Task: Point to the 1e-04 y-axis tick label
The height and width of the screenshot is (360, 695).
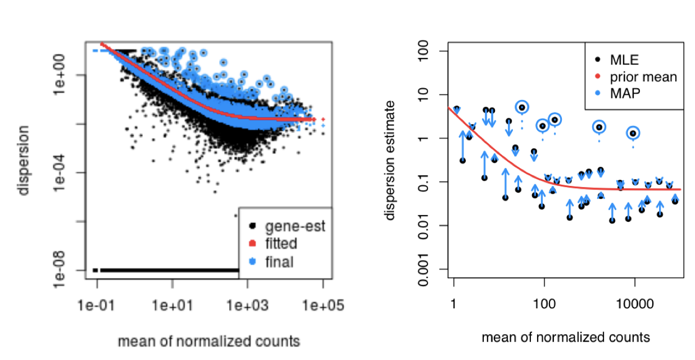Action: pos(70,172)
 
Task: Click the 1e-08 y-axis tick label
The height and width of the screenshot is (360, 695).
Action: pos(70,270)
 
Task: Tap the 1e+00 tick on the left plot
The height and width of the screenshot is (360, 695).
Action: pos(70,75)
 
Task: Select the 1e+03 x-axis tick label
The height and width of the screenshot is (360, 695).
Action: pos(247,306)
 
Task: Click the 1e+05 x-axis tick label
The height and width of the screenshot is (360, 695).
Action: pos(323,306)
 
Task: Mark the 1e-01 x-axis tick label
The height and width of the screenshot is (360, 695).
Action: pos(97,306)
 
